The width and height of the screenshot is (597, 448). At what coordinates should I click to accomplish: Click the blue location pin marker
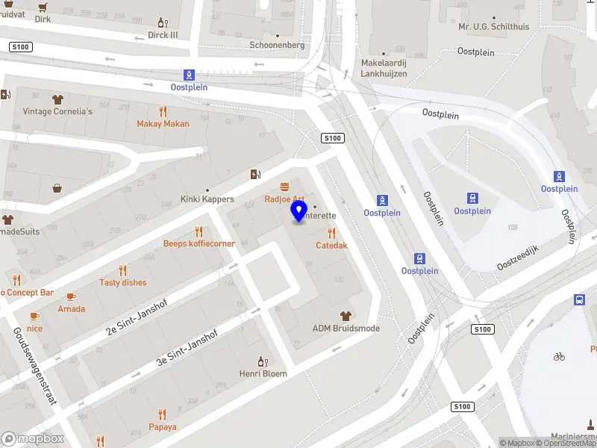[x=299, y=211]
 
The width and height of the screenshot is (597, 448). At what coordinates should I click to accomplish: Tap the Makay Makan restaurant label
[x=163, y=124]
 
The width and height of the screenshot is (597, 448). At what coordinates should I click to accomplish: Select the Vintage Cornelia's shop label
[x=57, y=111]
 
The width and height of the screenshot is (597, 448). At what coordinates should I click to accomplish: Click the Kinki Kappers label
[x=207, y=199]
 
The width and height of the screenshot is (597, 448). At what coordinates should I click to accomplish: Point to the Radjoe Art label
[x=284, y=199]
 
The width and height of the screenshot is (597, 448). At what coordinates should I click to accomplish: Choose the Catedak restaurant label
[x=331, y=245]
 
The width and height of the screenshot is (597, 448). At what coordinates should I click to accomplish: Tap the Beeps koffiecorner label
[x=199, y=243]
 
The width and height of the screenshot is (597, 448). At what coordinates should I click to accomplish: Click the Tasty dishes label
[x=123, y=282]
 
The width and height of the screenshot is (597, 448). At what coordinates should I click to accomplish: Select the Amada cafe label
[x=72, y=308]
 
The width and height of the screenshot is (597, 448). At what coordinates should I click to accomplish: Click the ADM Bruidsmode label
[x=346, y=329]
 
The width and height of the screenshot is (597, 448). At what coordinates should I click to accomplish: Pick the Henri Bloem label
[x=263, y=373]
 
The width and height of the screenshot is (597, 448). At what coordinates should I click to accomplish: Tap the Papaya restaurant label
[x=163, y=427]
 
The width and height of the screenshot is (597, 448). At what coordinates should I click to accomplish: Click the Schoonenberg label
[x=277, y=45]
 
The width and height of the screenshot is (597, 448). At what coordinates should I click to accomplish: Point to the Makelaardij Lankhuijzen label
[x=384, y=68]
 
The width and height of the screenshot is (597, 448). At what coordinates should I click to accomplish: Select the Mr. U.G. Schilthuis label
[x=494, y=26]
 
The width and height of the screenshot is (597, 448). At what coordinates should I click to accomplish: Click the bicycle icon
[x=559, y=356]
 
